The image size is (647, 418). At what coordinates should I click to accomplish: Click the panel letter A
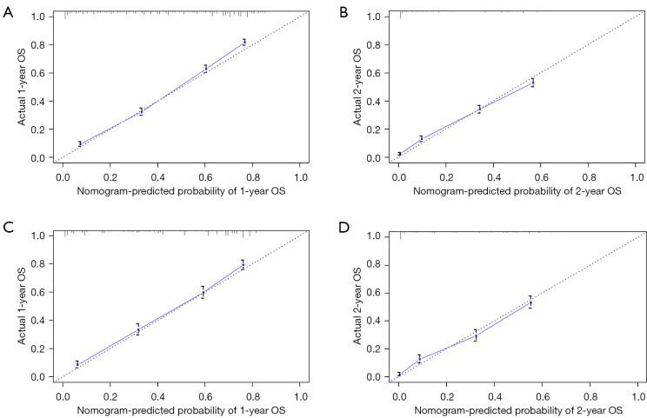(8, 12)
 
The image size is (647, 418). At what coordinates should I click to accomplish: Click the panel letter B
(344, 12)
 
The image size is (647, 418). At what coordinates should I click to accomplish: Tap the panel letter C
(8, 227)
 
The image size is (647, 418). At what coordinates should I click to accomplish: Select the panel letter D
(344, 227)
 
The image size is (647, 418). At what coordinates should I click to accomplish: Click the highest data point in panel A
(244, 42)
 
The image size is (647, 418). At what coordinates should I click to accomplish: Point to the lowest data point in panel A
(80, 144)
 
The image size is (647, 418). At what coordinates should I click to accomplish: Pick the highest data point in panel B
(533, 83)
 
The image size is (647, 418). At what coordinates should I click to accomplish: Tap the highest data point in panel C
(243, 265)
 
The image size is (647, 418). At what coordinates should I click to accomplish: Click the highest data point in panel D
(530, 302)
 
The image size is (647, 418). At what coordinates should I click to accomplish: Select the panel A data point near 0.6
(205, 69)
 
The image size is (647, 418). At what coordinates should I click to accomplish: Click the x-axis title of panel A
(181, 191)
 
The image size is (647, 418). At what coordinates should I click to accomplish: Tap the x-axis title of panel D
(518, 410)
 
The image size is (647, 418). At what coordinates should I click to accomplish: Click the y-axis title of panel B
(357, 87)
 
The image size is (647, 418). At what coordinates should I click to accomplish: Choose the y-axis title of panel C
(22, 306)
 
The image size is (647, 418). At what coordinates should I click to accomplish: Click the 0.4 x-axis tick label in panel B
(494, 177)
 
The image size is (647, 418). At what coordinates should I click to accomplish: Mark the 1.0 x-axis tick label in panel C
(301, 396)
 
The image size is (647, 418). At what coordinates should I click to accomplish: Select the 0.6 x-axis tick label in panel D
(542, 396)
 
